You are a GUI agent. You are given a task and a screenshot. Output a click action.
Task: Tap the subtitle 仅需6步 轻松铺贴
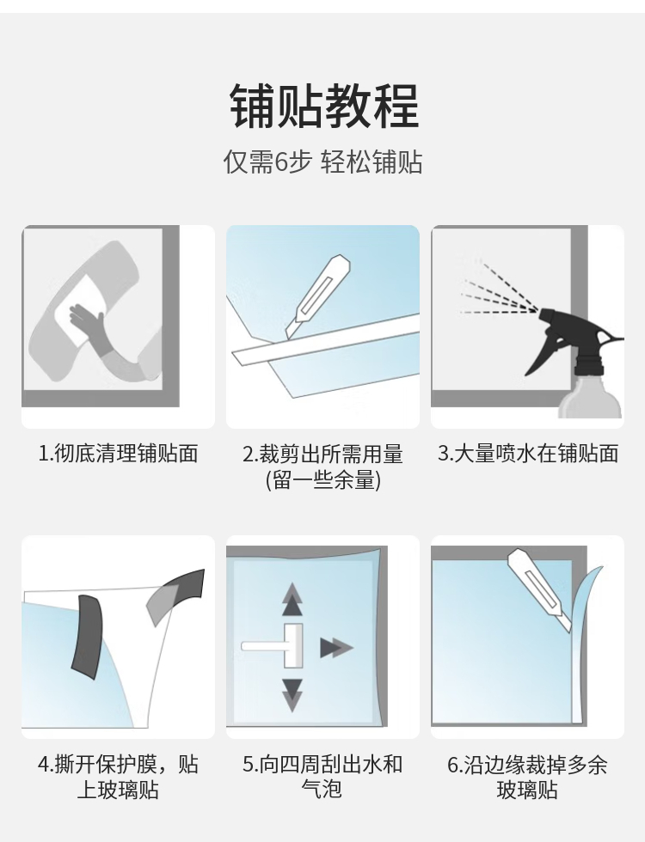point(323,162)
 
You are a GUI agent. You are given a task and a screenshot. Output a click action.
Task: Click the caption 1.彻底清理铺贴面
point(119,454)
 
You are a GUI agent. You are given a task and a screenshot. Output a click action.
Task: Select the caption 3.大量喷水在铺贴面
point(528,454)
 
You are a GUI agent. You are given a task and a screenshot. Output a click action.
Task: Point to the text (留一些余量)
point(323,479)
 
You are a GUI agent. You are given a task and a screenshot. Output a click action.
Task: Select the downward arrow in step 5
point(292,695)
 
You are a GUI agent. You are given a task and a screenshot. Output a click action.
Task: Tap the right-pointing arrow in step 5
point(336,648)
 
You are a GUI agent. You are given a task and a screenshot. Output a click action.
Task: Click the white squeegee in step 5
point(273,645)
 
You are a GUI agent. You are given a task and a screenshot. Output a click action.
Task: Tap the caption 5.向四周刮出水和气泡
point(322,777)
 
